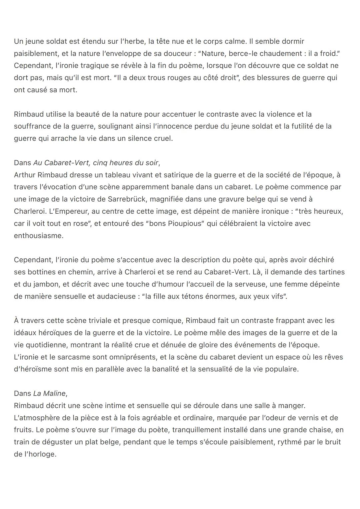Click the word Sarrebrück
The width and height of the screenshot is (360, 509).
127,199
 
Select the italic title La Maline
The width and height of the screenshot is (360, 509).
49,393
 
